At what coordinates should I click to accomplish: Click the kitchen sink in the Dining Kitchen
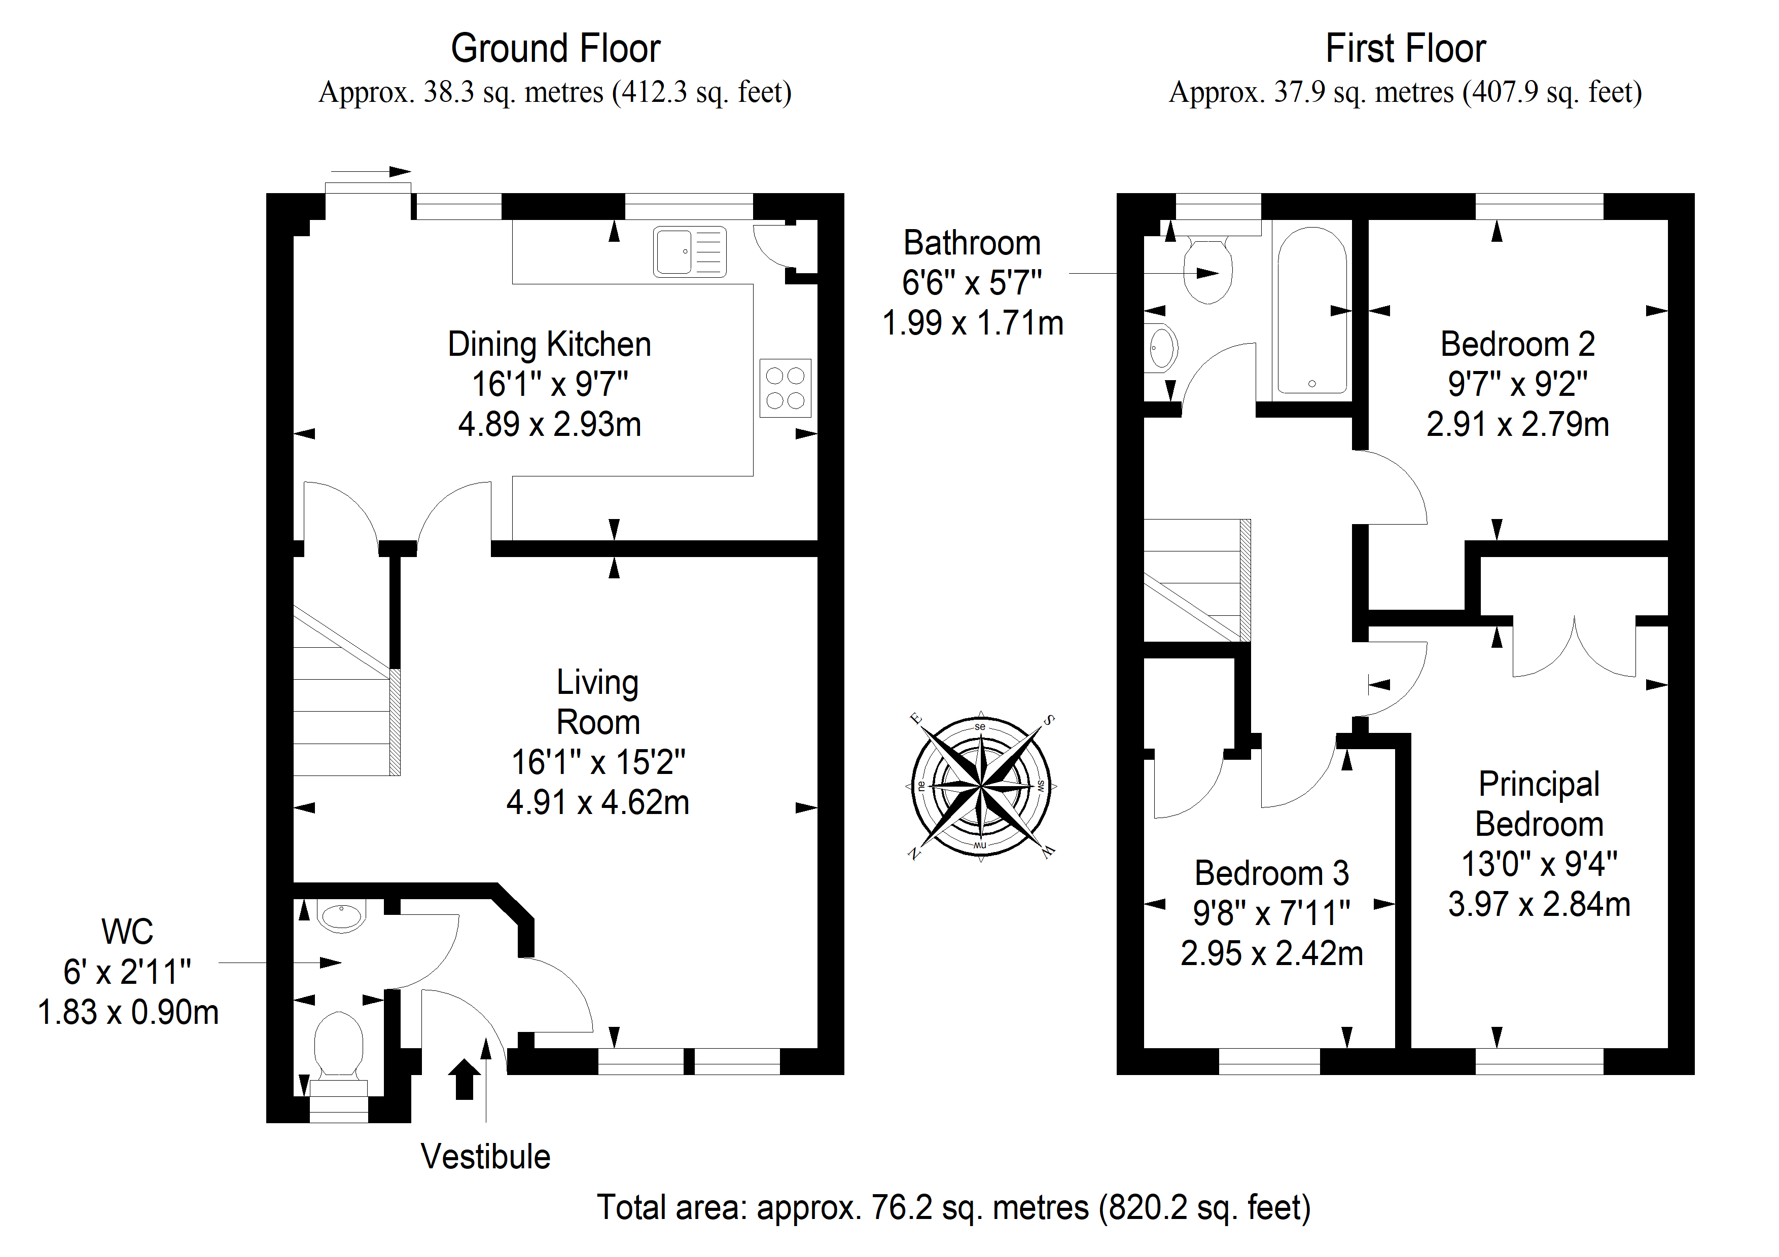[690, 252]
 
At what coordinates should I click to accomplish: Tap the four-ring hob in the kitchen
[785, 388]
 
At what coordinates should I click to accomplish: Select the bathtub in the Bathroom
[1312, 311]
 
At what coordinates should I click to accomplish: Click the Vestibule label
[486, 1156]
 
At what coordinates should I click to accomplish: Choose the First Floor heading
[1406, 48]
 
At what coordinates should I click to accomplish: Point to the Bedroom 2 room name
[1518, 344]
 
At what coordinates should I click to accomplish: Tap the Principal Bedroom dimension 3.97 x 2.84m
[1540, 904]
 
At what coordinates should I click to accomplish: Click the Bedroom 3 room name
[1271, 873]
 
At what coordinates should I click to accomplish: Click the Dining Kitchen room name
[549, 344]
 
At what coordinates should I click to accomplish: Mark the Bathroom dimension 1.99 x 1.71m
[972, 323]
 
